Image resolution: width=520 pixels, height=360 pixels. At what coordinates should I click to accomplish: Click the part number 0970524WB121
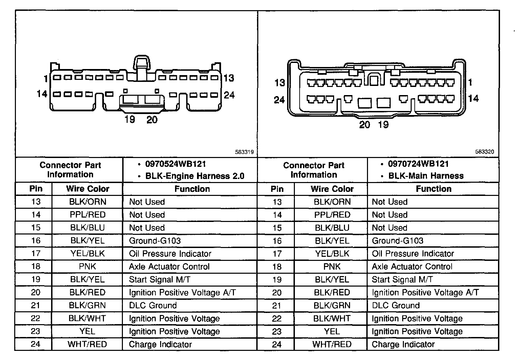pyautogui.click(x=175, y=164)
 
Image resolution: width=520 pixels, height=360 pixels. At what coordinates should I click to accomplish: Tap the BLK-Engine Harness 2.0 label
pyautogui.click(x=195, y=176)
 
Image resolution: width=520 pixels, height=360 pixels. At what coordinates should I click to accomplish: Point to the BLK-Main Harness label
pyautogui.click(x=426, y=176)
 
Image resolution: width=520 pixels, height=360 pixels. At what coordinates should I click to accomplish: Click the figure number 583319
pyautogui.click(x=244, y=152)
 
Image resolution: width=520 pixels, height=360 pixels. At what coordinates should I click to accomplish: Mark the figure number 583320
pyautogui.click(x=484, y=152)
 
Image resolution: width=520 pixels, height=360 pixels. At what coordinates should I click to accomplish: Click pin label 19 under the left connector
pyautogui.click(x=130, y=119)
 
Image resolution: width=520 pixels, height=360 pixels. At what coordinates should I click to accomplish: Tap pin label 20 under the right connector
pyautogui.click(x=364, y=125)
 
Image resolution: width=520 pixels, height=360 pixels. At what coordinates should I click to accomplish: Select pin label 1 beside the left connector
pyautogui.click(x=46, y=79)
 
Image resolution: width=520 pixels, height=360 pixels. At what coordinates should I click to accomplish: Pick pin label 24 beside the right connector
pyautogui.click(x=279, y=100)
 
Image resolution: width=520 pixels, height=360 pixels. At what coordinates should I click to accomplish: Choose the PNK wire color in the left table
pyautogui.click(x=87, y=267)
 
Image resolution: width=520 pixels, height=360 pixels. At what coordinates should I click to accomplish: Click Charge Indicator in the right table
pyautogui.click(x=403, y=344)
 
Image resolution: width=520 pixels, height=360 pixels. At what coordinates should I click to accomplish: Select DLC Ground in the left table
pyautogui.click(x=153, y=306)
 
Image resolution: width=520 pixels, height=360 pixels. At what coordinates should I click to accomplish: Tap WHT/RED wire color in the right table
pyautogui.click(x=332, y=344)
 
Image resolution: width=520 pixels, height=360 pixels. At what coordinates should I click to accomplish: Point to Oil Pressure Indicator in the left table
pyautogui.click(x=170, y=254)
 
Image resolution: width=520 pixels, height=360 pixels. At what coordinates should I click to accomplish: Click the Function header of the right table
pyautogui.click(x=433, y=189)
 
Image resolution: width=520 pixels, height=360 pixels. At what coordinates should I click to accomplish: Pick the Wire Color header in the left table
pyautogui.click(x=88, y=189)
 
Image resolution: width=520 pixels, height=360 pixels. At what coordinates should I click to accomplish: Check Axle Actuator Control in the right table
pyautogui.click(x=412, y=267)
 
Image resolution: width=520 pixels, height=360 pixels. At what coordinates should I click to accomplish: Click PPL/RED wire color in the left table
pyautogui.click(x=88, y=215)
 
